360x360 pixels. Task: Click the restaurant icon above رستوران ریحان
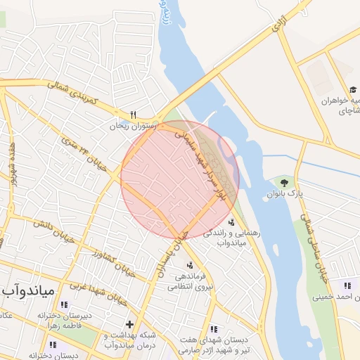click(133, 115)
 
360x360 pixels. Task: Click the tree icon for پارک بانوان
click(284, 182)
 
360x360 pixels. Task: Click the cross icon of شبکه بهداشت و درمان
click(129, 324)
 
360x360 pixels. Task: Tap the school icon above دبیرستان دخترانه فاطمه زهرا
click(64, 305)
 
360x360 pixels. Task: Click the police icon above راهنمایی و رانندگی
click(232, 222)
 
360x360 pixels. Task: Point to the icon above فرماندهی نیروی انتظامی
click(189, 264)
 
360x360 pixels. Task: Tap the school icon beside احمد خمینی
click(347, 285)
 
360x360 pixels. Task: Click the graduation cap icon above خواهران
click(354, 90)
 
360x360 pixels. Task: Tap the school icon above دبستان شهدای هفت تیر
click(214, 328)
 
